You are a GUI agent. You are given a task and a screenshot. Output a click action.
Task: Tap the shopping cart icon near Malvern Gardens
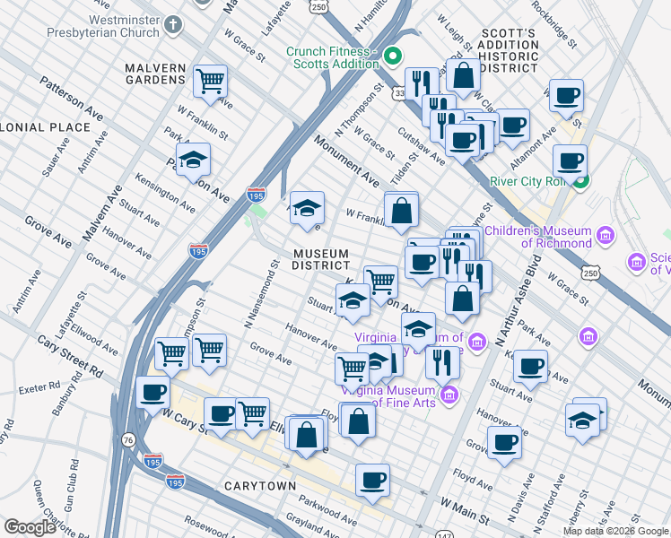pos(210,81)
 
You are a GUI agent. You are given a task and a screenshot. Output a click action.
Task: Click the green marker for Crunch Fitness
pos(391,59)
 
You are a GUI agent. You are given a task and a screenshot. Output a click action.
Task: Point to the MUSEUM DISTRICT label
pos(321,259)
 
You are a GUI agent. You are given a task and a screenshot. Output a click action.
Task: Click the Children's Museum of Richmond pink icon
pos(606,237)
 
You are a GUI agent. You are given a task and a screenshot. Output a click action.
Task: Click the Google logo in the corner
pos(30,527)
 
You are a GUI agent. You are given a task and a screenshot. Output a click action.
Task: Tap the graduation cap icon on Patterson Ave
pos(193,161)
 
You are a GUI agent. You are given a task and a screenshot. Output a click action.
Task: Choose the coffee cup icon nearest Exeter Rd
pos(152,393)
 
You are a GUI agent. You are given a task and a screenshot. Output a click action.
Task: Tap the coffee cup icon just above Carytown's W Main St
pos(372,480)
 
